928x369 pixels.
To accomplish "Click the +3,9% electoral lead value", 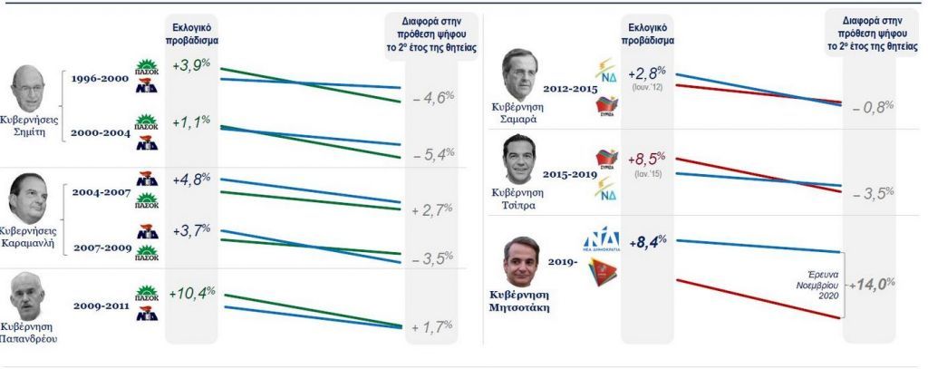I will pos(192,65).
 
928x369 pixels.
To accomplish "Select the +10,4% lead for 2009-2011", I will pos(192,293).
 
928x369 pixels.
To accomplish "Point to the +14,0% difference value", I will pos(873,284).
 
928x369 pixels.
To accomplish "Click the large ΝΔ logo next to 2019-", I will pos(600,241).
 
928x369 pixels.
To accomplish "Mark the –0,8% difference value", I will pos(873,106).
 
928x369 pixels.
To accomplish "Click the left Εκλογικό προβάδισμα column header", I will pos(192,35).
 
